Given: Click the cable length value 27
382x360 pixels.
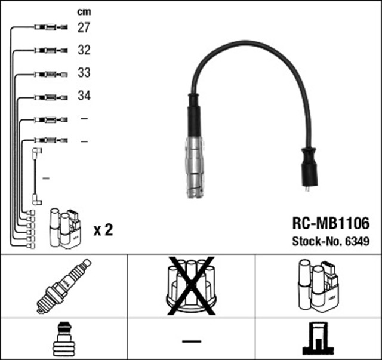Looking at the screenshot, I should tap(84, 27).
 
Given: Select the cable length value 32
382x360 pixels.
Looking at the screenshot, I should tap(84, 51).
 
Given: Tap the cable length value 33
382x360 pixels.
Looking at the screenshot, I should tap(84, 73).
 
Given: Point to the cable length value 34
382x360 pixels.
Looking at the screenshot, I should tap(84, 96).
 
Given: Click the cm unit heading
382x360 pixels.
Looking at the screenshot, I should tap(84, 11).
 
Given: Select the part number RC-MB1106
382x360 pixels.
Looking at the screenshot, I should tap(330, 223).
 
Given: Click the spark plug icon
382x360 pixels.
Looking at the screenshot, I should tap(63, 287).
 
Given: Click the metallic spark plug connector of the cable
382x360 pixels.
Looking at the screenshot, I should tap(195, 167).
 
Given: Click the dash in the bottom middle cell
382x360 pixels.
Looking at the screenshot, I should tap(191, 340).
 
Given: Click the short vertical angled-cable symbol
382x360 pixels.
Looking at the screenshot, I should tap(36, 177).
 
